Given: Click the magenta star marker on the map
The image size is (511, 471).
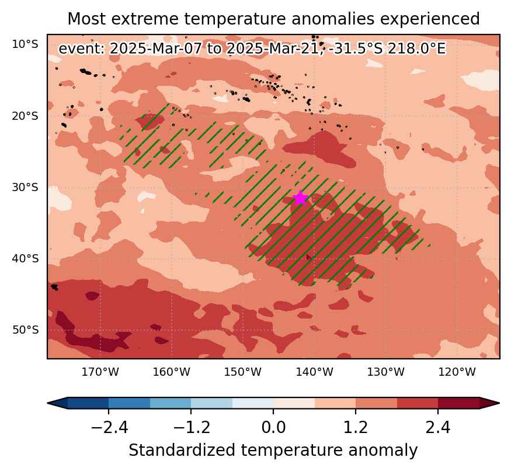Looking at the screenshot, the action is pyautogui.click(x=301, y=198).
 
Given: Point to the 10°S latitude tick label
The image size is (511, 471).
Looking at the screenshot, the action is pyautogui.click(x=25, y=44).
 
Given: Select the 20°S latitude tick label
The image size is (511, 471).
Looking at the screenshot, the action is pyautogui.click(x=25, y=116).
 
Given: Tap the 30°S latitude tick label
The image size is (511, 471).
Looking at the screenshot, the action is pyautogui.click(x=25, y=187).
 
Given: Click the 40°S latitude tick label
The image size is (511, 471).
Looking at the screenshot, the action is pyautogui.click(x=25, y=259).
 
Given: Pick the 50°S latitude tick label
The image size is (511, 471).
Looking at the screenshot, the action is pyautogui.click(x=25, y=330).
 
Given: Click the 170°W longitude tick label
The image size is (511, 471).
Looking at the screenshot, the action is pyautogui.click(x=100, y=372).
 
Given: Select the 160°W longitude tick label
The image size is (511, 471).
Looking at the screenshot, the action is pyautogui.click(x=172, y=372).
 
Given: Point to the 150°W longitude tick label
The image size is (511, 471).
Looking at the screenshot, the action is pyautogui.click(x=243, y=372).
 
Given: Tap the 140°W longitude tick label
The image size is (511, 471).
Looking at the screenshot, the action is pyautogui.click(x=315, y=372).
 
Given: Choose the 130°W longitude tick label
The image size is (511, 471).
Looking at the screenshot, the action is pyautogui.click(x=386, y=372).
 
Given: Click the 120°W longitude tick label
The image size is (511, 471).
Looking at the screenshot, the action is pyautogui.click(x=457, y=372).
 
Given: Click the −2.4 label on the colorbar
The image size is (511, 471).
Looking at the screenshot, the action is pyautogui.click(x=109, y=427).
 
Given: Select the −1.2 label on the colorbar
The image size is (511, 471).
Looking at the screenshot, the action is pyautogui.click(x=192, y=427).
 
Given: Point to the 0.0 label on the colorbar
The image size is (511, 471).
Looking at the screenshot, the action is pyautogui.click(x=273, y=427).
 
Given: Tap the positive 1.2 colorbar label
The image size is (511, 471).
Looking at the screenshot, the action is pyautogui.click(x=356, y=427).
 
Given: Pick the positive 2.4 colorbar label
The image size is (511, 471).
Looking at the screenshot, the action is pyautogui.click(x=438, y=427).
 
